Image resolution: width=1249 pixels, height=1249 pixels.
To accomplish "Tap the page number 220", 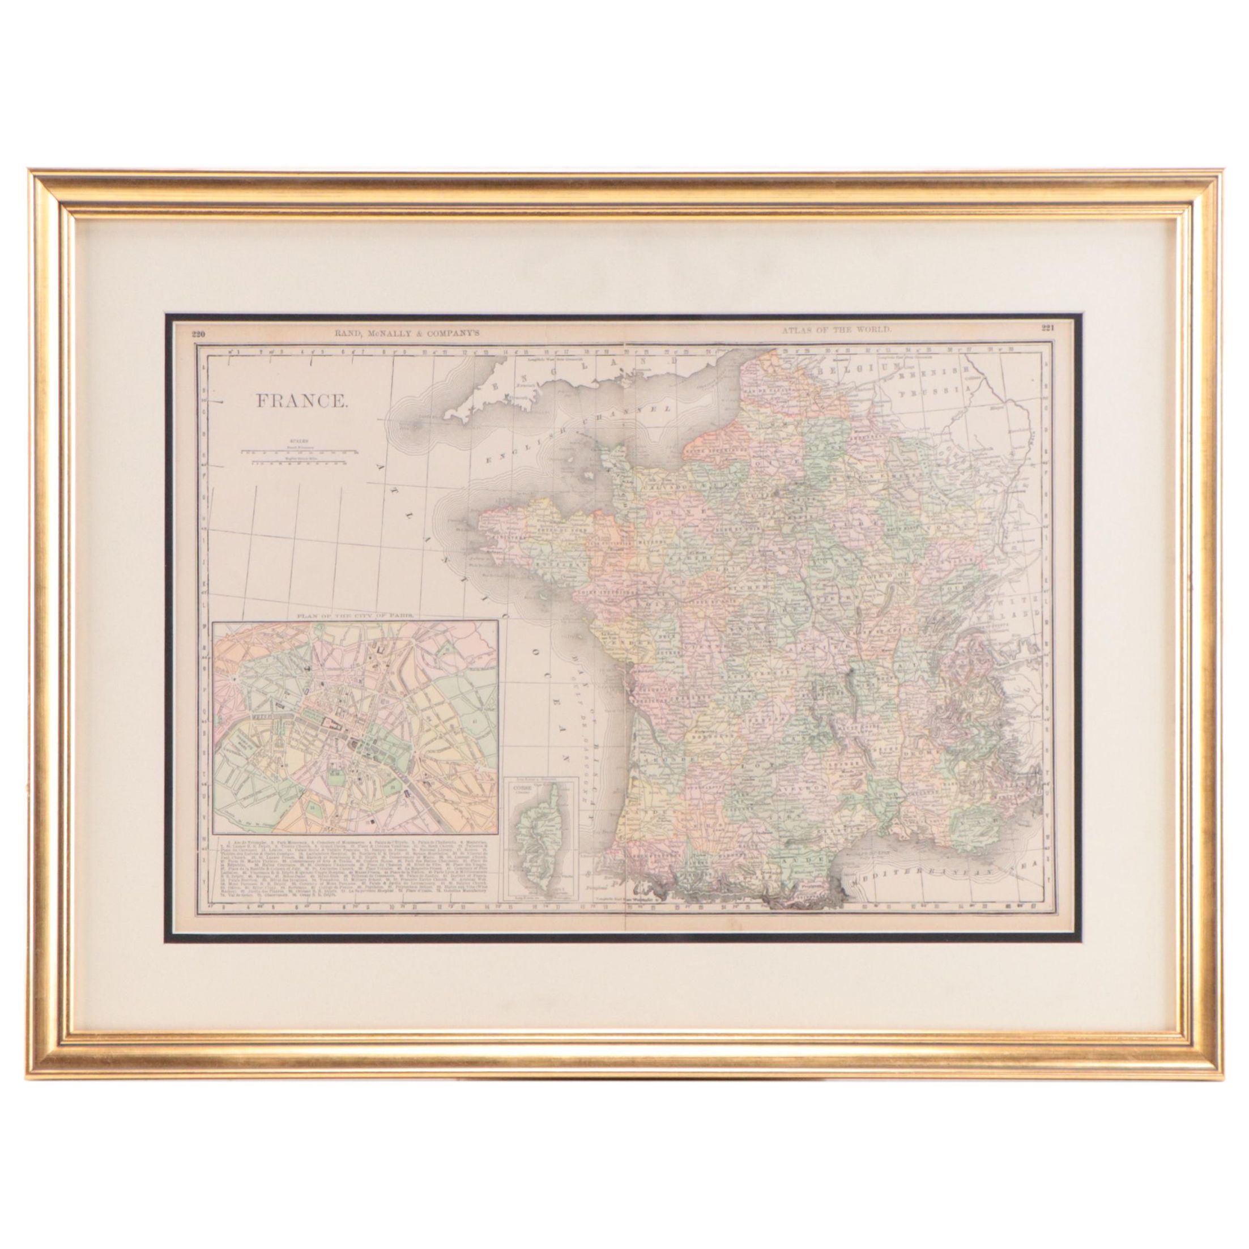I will click(198, 334).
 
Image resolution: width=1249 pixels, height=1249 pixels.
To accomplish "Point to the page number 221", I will click(1048, 329).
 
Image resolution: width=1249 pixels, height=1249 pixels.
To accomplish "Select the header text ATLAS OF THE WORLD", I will click(836, 330).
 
